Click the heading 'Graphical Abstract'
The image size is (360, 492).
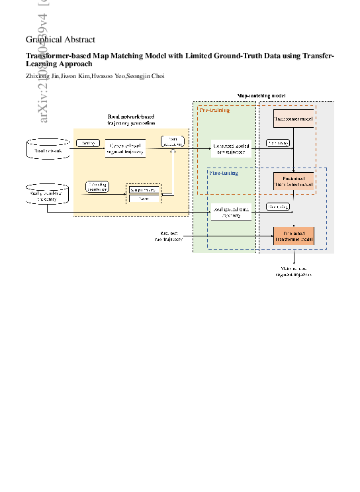click(x=60, y=40)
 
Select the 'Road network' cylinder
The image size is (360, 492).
click(x=48, y=149)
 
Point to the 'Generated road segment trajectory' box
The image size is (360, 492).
click(x=125, y=149)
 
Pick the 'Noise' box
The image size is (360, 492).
click(x=144, y=198)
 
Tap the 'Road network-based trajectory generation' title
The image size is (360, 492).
click(x=131, y=120)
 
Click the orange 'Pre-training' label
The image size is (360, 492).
click(x=215, y=110)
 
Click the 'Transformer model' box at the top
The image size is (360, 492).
click(x=293, y=119)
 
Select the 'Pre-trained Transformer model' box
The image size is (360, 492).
click(x=293, y=181)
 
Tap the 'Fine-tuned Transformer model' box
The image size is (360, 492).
click(x=293, y=236)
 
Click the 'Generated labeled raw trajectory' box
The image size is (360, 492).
click(x=231, y=148)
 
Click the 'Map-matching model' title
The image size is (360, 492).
click(x=261, y=96)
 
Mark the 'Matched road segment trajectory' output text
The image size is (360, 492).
click(x=293, y=271)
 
